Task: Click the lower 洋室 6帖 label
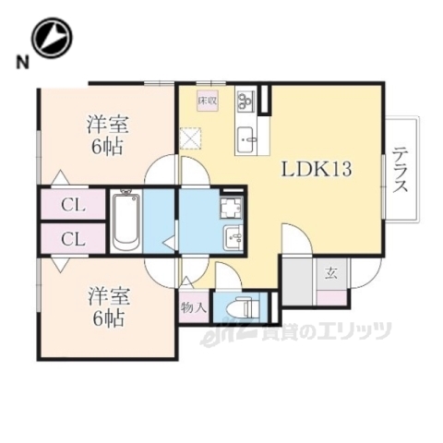click(x=107, y=308)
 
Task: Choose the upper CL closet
click(x=70, y=205)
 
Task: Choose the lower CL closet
click(x=70, y=239)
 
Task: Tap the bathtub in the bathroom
click(x=126, y=221)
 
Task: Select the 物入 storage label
click(x=195, y=305)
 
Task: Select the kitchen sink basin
click(x=248, y=141)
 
